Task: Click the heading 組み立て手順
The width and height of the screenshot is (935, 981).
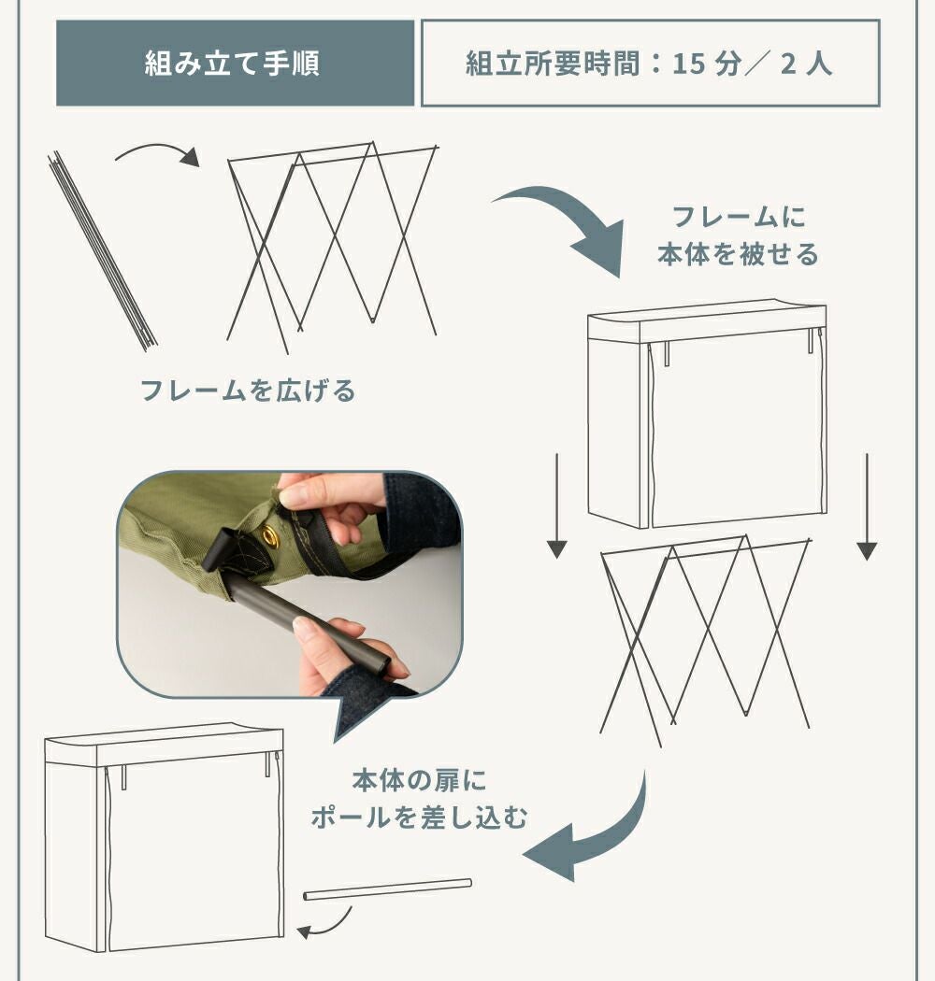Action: pyautogui.click(x=232, y=64)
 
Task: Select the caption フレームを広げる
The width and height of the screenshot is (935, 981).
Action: pyautogui.click(x=248, y=391)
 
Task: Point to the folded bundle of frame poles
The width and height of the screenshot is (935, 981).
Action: pyautogui.click(x=102, y=250)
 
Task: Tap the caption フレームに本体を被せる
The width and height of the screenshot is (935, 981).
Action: pyautogui.click(x=738, y=235)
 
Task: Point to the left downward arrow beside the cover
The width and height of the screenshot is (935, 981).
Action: pyautogui.click(x=556, y=505)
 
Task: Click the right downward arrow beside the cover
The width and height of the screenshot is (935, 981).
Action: pyautogui.click(x=867, y=506)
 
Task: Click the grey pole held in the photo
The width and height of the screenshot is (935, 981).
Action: pyautogui.click(x=307, y=626)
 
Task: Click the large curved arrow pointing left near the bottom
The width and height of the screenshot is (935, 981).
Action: pyautogui.click(x=595, y=832)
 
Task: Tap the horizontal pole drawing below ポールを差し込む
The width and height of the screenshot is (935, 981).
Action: pyautogui.click(x=388, y=889)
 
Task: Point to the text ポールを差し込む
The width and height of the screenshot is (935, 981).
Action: pyautogui.click(x=419, y=817)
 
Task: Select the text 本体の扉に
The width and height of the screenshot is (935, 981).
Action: pyautogui.click(x=419, y=780)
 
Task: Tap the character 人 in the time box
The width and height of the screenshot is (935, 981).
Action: pyautogui.click(x=818, y=64)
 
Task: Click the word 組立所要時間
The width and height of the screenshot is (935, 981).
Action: pyautogui.click(x=553, y=64)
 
